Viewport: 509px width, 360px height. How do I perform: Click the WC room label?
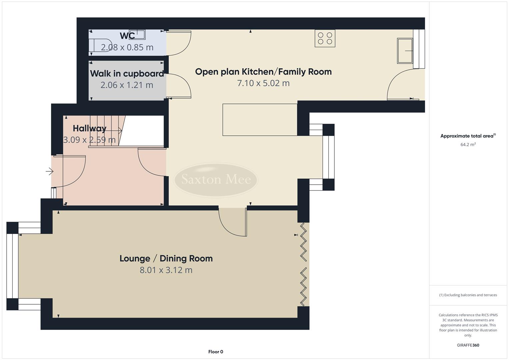point(127,35)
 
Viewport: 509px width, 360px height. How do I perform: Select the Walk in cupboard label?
point(127,73)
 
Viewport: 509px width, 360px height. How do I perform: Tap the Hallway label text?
point(89,128)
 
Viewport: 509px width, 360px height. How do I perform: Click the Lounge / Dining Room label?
point(166,258)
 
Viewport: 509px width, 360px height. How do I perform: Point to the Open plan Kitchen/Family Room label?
point(263,72)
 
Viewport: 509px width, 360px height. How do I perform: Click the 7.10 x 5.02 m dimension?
point(263,83)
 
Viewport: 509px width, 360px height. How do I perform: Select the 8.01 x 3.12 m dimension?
point(166,270)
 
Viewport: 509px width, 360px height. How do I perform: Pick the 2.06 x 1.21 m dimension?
point(127,85)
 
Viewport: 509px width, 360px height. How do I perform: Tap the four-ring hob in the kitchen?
point(325,38)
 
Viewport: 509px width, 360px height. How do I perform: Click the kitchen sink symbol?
point(405,51)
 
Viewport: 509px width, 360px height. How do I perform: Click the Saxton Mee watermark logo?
point(216,179)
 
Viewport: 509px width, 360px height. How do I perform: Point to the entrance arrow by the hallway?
point(49,172)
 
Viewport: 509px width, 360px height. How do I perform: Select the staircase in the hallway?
point(107,130)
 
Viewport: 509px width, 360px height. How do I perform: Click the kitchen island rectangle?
point(260,120)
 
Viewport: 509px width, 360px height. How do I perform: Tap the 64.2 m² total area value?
point(468,145)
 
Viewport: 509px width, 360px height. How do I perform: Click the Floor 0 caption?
point(216,352)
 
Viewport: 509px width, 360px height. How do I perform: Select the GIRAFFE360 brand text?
point(468,345)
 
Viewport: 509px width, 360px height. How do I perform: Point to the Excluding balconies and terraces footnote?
point(468,295)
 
